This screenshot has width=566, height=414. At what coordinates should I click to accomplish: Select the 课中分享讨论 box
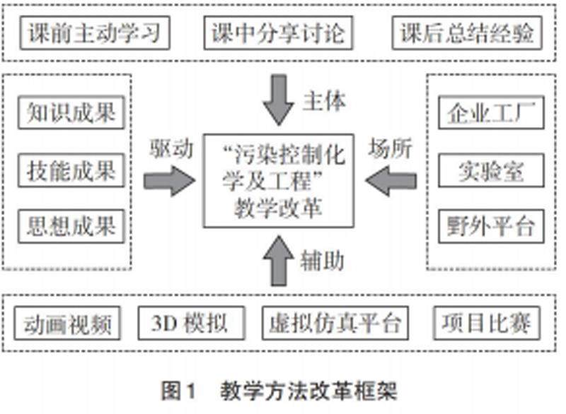[283, 33]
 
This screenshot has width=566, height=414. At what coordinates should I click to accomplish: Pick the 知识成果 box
[70, 113]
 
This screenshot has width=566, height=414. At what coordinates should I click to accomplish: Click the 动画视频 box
[68, 324]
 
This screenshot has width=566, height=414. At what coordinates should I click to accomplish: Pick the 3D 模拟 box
[189, 324]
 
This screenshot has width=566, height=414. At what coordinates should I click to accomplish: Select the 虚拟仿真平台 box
[335, 324]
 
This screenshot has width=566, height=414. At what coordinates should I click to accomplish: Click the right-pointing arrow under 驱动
[169, 182]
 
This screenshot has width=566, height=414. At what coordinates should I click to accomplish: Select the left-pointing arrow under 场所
[393, 182]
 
